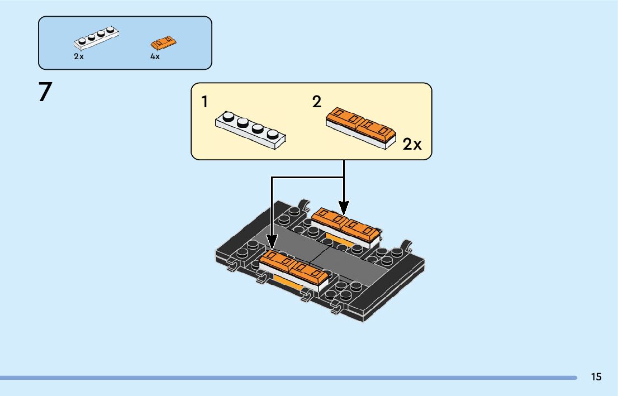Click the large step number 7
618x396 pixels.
[x=45, y=93]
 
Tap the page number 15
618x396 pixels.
[x=596, y=377]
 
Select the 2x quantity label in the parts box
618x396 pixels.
[x=78, y=56]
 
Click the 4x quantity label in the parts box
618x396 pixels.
[x=155, y=56]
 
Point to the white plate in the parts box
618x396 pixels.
[x=97, y=38]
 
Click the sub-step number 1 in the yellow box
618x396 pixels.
[x=205, y=102]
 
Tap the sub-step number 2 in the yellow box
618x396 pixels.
[x=317, y=102]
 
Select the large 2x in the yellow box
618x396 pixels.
[x=412, y=145]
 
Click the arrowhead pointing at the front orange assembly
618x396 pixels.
[x=272, y=243]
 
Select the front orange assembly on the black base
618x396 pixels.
[x=294, y=270]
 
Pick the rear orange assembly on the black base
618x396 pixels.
[x=346, y=226]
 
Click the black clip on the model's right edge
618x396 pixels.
[x=407, y=246]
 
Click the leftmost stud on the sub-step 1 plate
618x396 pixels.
[x=228, y=117]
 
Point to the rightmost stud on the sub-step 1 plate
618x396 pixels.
[x=273, y=134]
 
